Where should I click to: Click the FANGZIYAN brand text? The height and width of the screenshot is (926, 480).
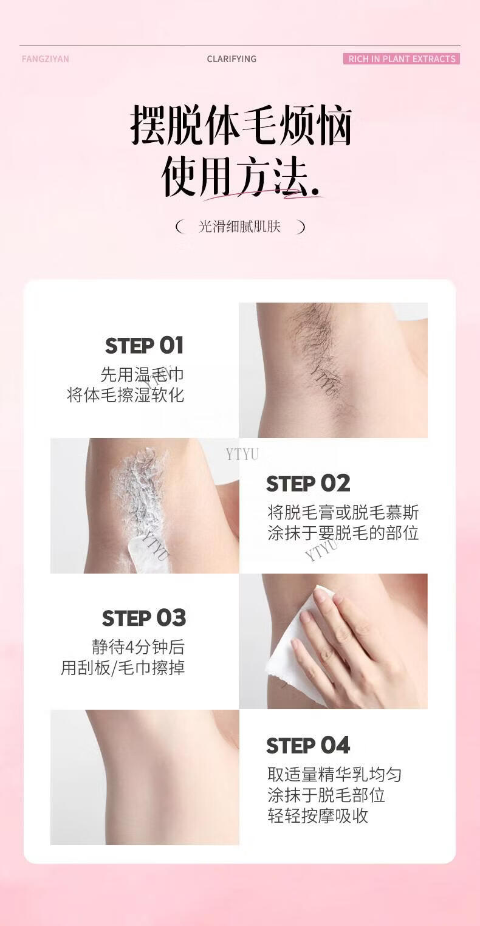pyautogui.click(x=46, y=59)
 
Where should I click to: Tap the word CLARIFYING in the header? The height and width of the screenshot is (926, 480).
pyautogui.click(x=231, y=59)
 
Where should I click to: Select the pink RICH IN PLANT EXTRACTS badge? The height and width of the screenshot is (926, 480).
pyautogui.click(x=402, y=59)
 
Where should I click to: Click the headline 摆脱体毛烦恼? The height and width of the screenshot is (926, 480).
pyautogui.click(x=241, y=125)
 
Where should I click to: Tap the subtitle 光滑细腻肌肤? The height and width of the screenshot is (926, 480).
pyautogui.click(x=239, y=227)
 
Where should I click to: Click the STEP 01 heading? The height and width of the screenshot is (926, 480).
pyautogui.click(x=144, y=346)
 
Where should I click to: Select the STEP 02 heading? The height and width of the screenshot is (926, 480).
pyautogui.click(x=308, y=484)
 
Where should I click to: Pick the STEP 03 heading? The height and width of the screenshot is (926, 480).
pyautogui.click(x=144, y=618)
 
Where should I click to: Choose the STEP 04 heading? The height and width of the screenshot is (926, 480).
pyautogui.click(x=308, y=746)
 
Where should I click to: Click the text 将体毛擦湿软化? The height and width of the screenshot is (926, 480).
pyautogui.click(x=125, y=395)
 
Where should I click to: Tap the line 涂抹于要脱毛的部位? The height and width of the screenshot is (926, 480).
pyautogui.click(x=343, y=533)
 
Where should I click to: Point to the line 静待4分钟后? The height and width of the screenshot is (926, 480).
pyautogui.click(x=138, y=647)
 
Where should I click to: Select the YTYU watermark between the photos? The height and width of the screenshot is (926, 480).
pyautogui.click(x=242, y=454)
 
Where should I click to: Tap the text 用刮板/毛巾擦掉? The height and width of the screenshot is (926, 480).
pyautogui.click(x=123, y=667)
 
